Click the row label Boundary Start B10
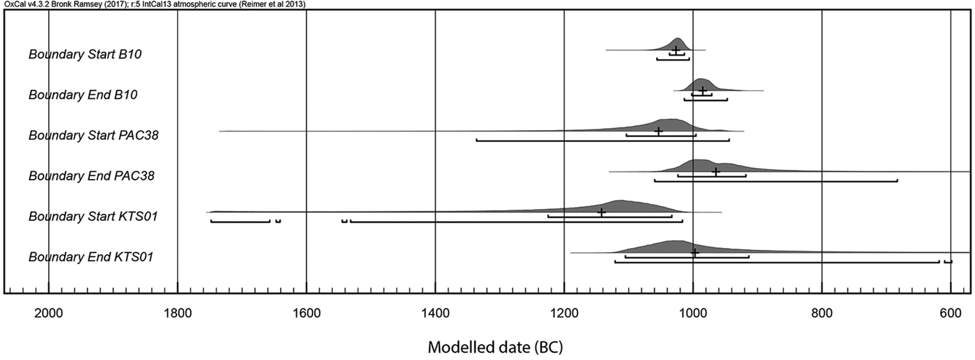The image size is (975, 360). pyautogui.click(x=86, y=54)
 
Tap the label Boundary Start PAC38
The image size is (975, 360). pyautogui.click(x=93, y=135)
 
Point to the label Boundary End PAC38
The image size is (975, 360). pyautogui.click(x=91, y=176)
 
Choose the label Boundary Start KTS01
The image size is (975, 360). pyautogui.click(x=93, y=217)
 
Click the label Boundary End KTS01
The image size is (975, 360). pyautogui.click(x=91, y=258)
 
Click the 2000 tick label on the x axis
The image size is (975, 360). pyautogui.click(x=48, y=314)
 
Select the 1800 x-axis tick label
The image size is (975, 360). pyautogui.click(x=178, y=314)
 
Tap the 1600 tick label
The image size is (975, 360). pyautogui.click(x=306, y=314)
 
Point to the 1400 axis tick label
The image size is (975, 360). pyautogui.click(x=435, y=314)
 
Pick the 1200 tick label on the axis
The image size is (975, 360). pyautogui.click(x=564, y=314)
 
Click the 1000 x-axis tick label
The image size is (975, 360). pyautogui.click(x=693, y=314)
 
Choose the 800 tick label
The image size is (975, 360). pyautogui.click(x=822, y=314)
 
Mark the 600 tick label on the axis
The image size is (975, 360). pyautogui.click(x=951, y=314)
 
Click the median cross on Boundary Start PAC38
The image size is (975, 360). pyautogui.click(x=659, y=131)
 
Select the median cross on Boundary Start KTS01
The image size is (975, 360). pyautogui.click(x=602, y=212)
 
